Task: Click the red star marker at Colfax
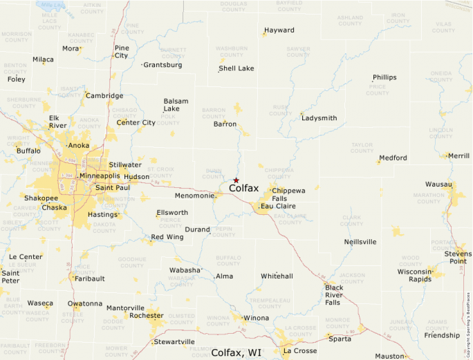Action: [236, 180]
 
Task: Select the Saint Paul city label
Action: [112, 188]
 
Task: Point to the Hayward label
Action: [279, 30]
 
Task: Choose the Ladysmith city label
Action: [319, 118]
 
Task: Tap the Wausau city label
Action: [438, 184]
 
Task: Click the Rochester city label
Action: [147, 315]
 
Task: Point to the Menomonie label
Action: [194, 196]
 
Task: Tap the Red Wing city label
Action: [167, 237]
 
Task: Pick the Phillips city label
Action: [384, 77]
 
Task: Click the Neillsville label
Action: [360, 242]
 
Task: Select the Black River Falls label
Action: [334, 295]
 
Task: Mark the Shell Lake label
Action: [236, 68]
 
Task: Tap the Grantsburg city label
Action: [163, 65]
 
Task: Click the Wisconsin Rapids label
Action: [415, 276]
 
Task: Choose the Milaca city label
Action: [43, 59]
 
